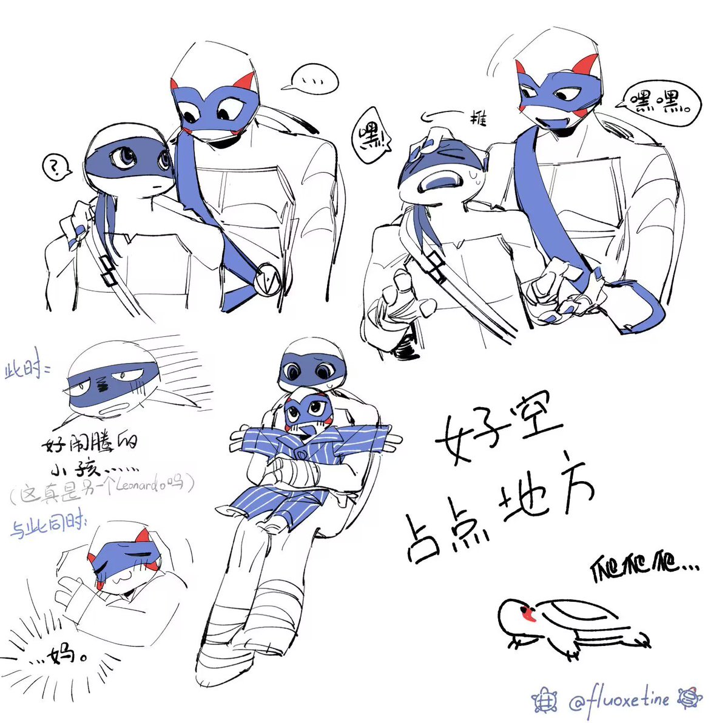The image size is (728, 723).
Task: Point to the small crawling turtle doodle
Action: [571, 627]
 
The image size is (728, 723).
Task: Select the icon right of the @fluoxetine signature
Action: [690, 699]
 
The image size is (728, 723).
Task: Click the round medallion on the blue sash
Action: [268, 280]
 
